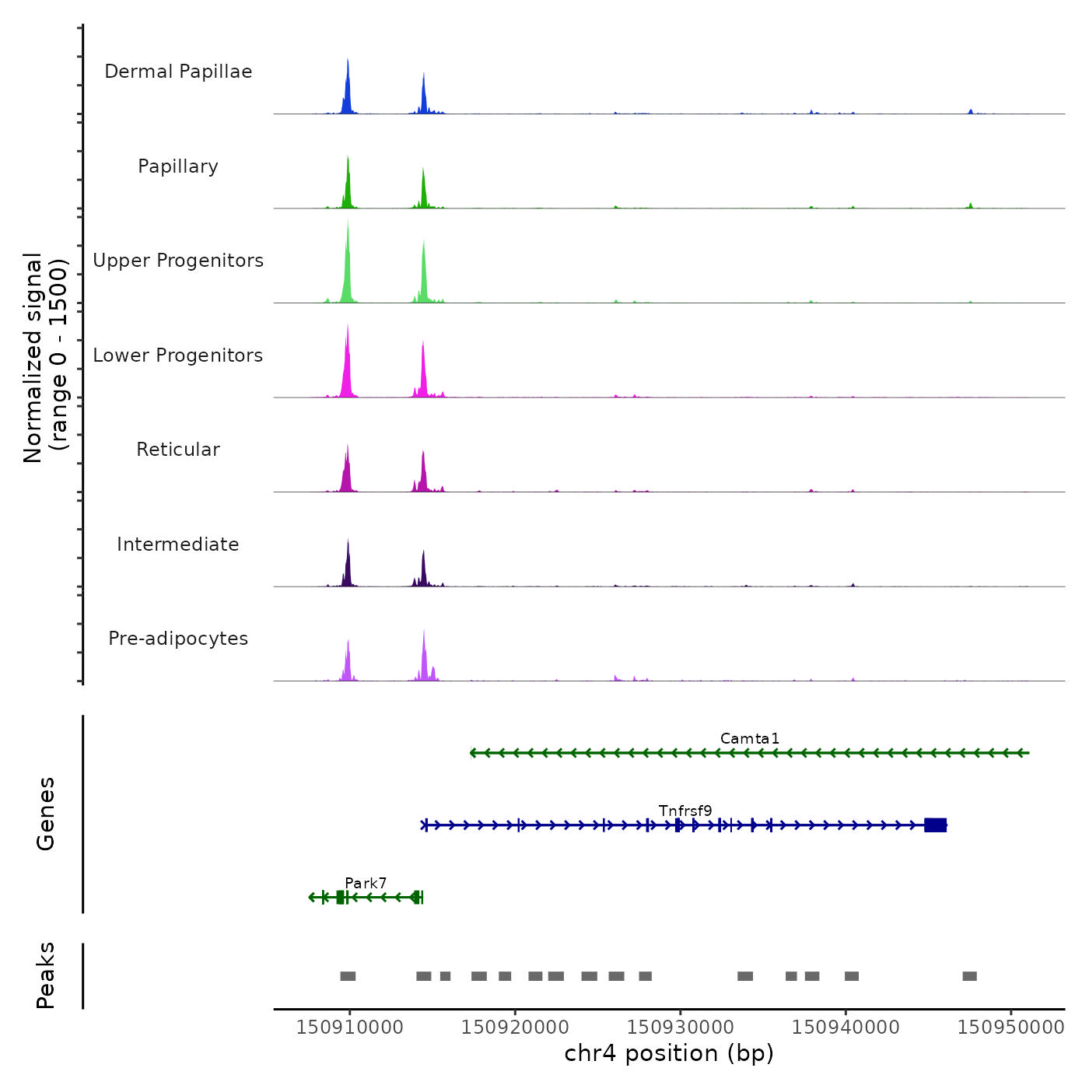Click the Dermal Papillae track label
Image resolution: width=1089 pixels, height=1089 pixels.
click(x=178, y=72)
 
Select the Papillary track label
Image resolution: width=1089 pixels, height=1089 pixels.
click(x=178, y=166)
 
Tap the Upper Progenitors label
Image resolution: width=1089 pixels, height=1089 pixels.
click(x=178, y=261)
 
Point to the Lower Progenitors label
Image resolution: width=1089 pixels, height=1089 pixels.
click(x=178, y=355)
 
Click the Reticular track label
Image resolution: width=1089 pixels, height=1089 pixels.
click(x=178, y=450)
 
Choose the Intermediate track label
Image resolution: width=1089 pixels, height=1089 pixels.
click(x=178, y=544)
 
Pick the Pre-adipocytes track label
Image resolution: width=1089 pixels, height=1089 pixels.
click(x=178, y=639)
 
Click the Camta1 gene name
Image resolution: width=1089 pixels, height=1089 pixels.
click(x=749, y=738)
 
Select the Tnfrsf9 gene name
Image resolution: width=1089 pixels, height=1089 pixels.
click(x=685, y=811)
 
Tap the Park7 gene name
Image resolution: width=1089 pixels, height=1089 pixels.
click(x=366, y=883)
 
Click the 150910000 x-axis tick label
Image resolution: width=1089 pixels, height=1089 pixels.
click(x=349, y=1027)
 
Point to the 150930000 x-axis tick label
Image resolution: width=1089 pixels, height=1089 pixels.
click(x=680, y=1027)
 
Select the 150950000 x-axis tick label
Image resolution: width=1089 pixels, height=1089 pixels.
click(x=1010, y=1027)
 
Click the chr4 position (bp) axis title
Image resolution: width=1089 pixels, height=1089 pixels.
click(x=669, y=1053)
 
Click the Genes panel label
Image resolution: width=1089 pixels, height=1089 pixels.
click(x=46, y=814)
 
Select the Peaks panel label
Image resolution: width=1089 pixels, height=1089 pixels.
click(x=46, y=975)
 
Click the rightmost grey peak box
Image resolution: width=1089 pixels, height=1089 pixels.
click(x=969, y=976)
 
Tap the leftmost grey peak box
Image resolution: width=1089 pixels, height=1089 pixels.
click(x=348, y=976)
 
